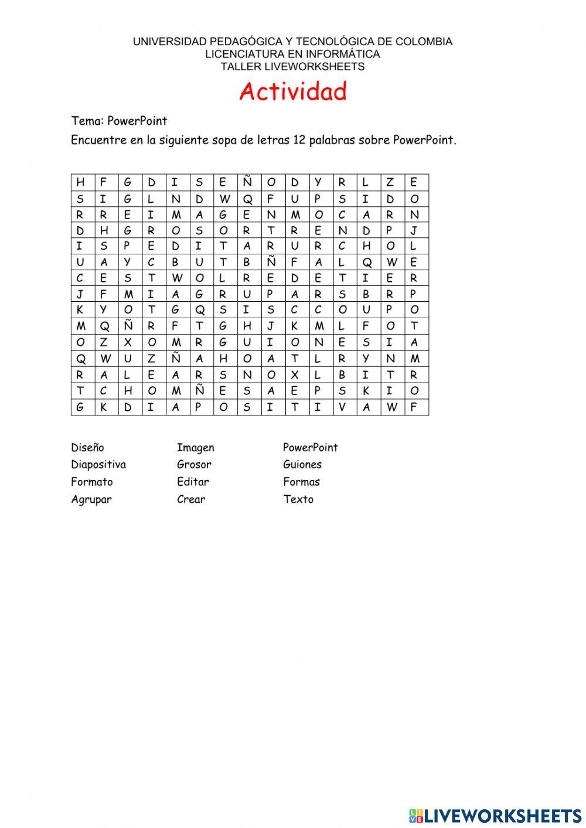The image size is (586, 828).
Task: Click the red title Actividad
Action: pos(293,92)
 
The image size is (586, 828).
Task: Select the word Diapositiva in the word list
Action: pos(98,465)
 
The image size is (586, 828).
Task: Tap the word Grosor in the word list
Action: pos(194,465)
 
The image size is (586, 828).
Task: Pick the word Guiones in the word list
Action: pos(302,465)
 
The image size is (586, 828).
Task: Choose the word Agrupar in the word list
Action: pos(91,500)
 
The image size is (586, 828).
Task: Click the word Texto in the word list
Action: pos(298,499)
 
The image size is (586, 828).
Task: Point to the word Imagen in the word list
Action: pos(196,448)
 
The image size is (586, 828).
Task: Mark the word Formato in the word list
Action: pos(92,482)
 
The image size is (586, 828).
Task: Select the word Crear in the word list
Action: pos(191,499)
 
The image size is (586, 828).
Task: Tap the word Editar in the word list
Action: pos(193,482)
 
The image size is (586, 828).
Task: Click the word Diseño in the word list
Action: pos(87,448)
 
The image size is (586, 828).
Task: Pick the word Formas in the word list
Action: pos(301,482)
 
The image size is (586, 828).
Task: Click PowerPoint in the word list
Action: pos(310,448)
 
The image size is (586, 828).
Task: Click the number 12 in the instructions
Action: pos(299,141)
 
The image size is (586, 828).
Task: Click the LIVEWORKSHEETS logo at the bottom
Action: pos(495,815)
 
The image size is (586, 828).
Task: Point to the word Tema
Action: pos(86,121)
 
